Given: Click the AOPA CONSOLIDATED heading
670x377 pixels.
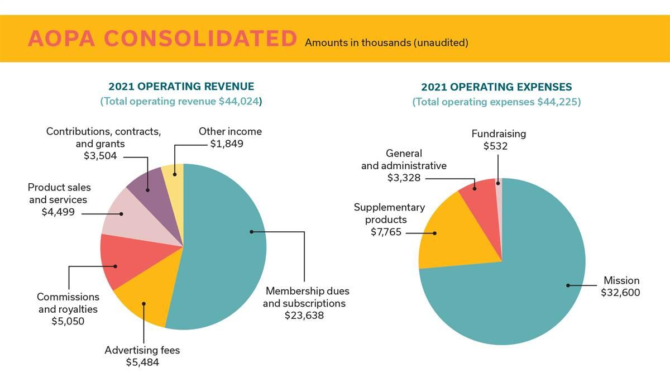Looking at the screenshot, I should coord(162,39).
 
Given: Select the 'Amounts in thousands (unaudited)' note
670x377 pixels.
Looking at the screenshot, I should coord(386,42).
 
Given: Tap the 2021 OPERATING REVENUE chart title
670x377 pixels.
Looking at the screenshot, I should coord(181,87).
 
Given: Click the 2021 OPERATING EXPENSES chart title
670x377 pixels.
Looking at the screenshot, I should coord(496,87).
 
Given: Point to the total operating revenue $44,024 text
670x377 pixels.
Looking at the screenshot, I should coord(181,102).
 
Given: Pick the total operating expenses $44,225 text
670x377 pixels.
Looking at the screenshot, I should coord(496,102).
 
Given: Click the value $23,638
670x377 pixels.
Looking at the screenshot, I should coord(304,316).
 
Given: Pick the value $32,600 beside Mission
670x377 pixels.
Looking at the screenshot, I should coord(620,293).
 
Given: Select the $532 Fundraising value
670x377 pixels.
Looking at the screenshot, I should coord(496,146).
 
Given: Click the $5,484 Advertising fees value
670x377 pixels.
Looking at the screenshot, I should coord(142,362).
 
